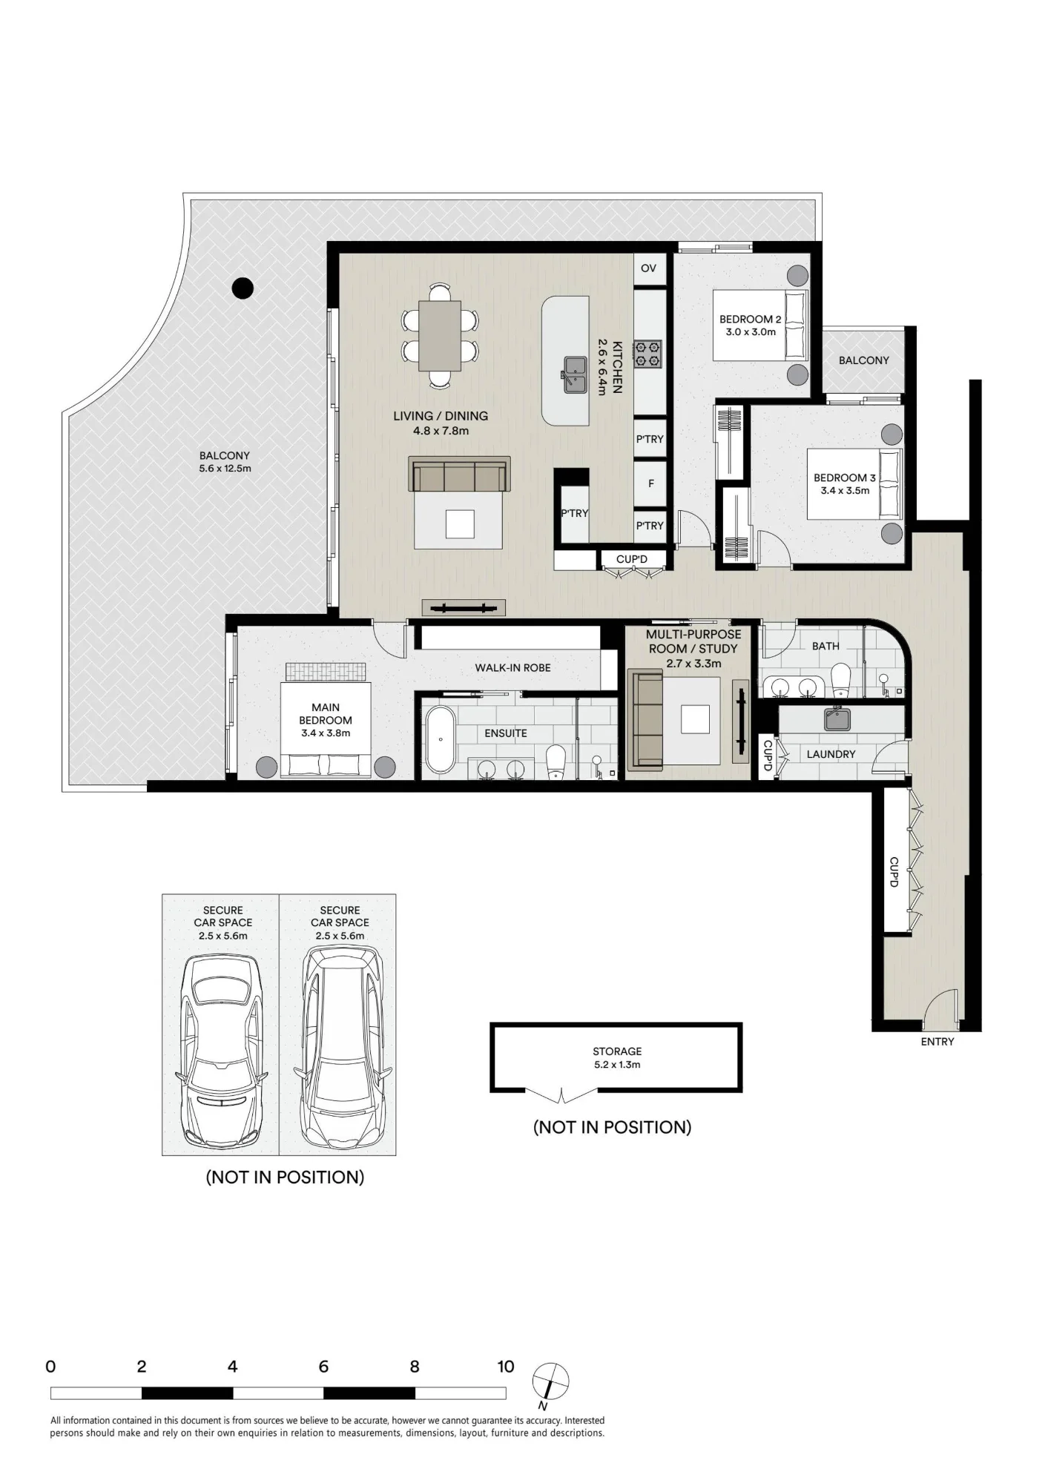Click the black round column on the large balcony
coord(243,288)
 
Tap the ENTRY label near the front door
coord(937,1042)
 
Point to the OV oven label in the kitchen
coord(648,268)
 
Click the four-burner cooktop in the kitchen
coord(647,354)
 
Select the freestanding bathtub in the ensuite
coord(441,739)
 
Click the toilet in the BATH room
coord(840,678)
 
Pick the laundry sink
coord(837,718)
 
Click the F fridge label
coord(651,483)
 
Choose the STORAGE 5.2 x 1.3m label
coord(617,1057)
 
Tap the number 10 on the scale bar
coord(506,1367)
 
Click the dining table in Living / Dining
coord(440,335)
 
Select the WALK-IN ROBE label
coord(513,667)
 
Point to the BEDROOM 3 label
coord(845,478)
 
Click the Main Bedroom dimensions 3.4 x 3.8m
coord(326,733)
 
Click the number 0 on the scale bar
coord(50,1367)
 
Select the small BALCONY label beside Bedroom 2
coord(863,360)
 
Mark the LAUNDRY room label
coord(831,754)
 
